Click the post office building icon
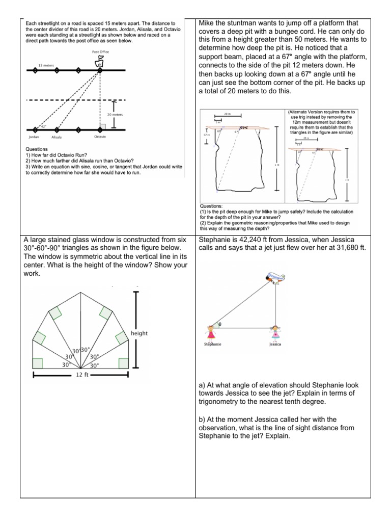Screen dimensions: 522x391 100,62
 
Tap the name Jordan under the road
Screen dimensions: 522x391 34,138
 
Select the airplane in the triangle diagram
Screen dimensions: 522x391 275,278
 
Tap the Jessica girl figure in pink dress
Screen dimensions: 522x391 275,333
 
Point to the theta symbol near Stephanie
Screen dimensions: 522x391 220,324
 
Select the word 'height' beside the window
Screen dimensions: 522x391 139,333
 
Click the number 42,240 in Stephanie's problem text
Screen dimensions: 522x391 253,239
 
